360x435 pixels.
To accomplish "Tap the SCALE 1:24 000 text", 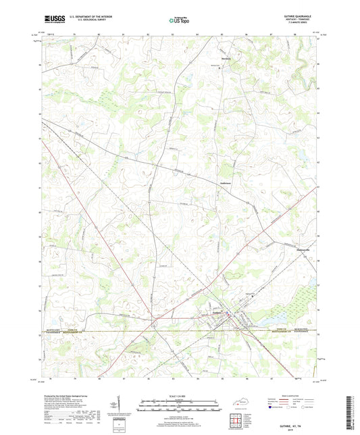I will point(179,396).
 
